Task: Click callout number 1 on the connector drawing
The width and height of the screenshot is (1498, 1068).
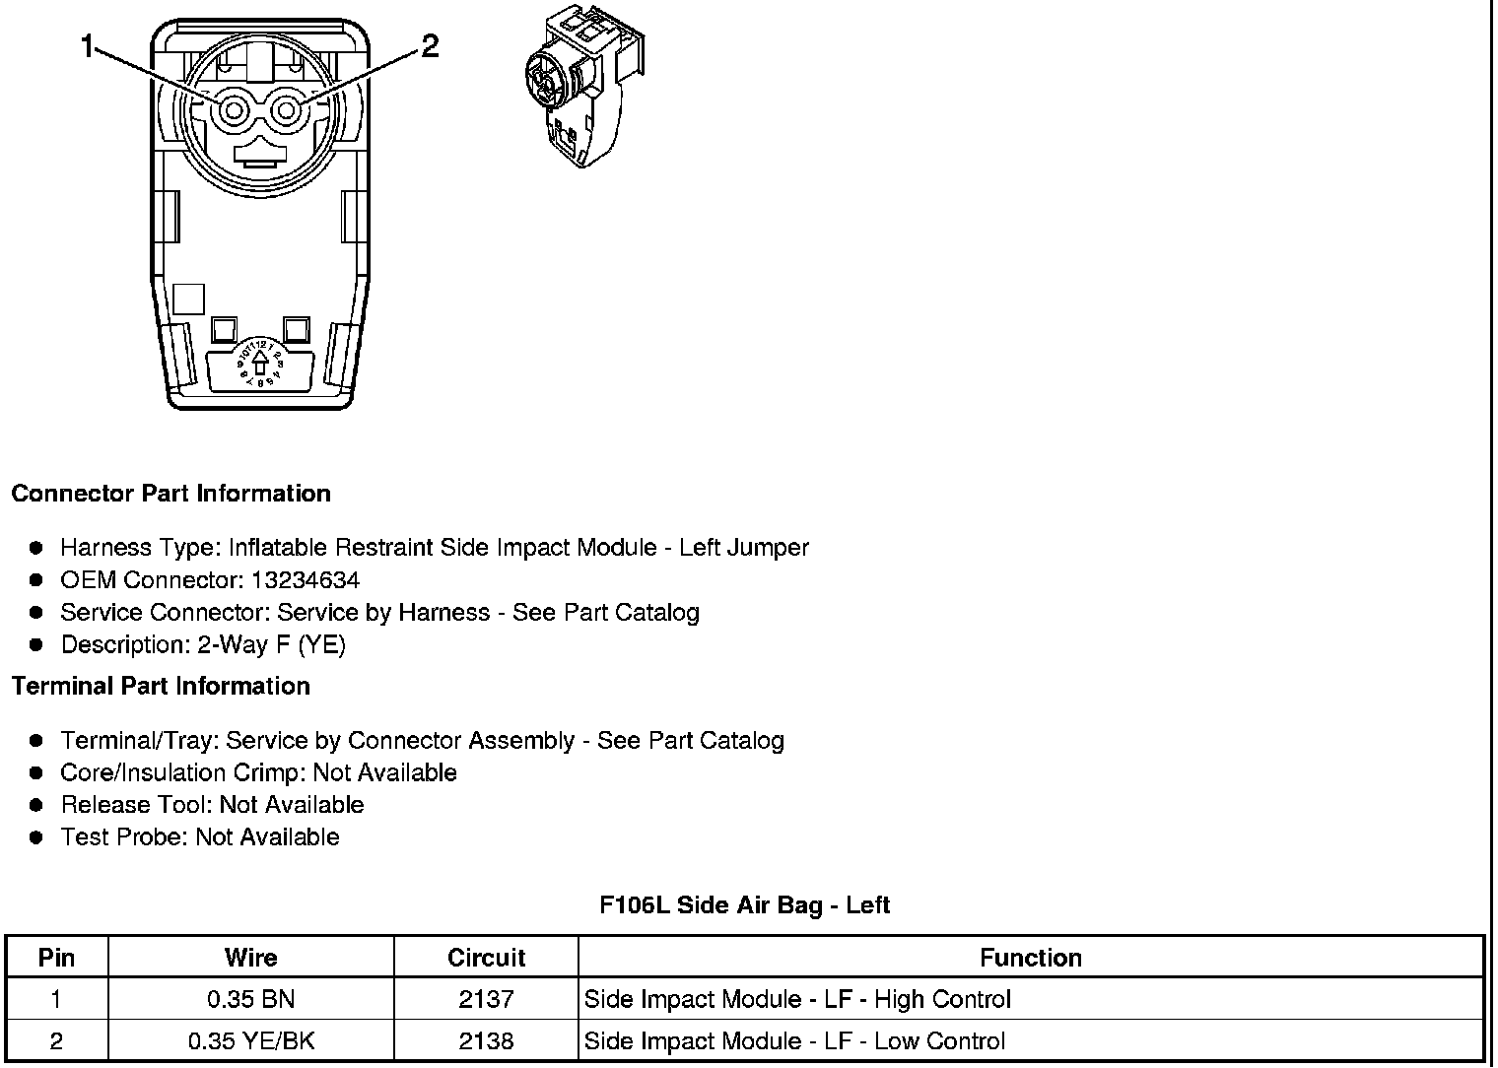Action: point(89,46)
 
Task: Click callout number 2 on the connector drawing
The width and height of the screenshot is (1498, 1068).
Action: point(430,46)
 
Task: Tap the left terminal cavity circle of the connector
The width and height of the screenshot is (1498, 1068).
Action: point(234,110)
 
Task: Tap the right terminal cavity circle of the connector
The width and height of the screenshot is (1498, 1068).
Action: point(286,110)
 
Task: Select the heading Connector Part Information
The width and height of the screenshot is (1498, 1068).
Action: point(170,494)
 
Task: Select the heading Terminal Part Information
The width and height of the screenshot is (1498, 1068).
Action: point(161,687)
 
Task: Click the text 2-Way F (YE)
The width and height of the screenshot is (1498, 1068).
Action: point(271,645)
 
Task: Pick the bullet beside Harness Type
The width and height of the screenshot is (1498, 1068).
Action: point(37,548)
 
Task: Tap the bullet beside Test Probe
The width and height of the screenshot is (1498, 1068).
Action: point(37,837)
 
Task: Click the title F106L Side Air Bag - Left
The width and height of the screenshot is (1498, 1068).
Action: point(744,905)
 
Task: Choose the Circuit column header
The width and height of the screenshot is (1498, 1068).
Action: point(486,958)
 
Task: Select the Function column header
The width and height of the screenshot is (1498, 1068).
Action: point(1030,958)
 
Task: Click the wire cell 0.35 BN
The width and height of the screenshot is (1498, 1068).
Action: point(250,1000)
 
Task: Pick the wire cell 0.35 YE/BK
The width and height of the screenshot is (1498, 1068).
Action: point(250,1041)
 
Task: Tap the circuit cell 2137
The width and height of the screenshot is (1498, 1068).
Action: point(486,1000)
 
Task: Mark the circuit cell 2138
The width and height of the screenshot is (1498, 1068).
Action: point(486,1041)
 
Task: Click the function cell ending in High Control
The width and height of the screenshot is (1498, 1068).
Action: point(797,1000)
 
